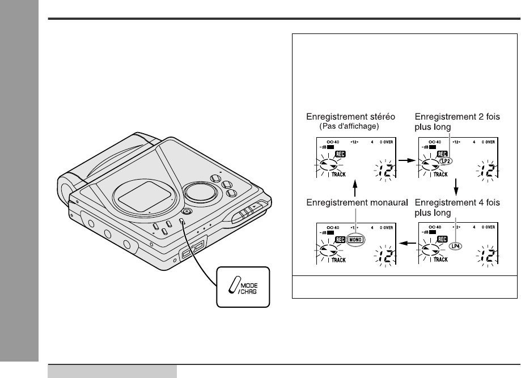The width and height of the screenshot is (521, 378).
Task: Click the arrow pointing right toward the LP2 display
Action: pos(405,160)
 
